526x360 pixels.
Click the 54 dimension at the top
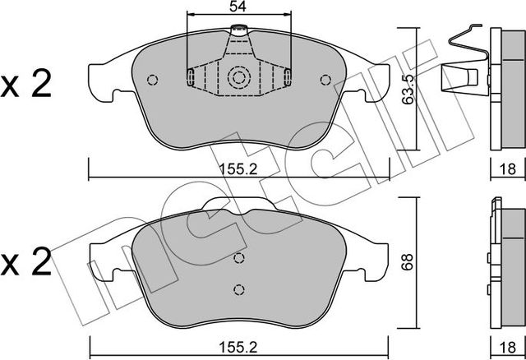(x=238, y=7)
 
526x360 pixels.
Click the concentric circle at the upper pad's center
(x=238, y=79)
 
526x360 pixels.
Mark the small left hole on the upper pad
(x=152, y=80)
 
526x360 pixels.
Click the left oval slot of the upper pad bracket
(x=191, y=78)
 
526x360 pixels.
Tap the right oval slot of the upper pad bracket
(x=287, y=78)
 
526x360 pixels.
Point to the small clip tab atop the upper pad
(x=238, y=34)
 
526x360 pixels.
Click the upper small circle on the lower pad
(x=238, y=258)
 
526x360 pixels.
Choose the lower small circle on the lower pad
(x=238, y=288)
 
